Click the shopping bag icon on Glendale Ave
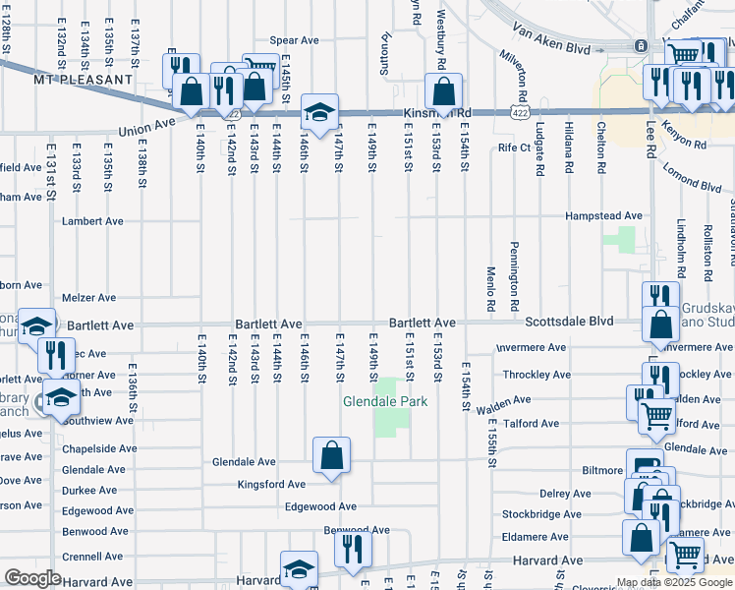click(x=331, y=455)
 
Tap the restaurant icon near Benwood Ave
click(x=353, y=549)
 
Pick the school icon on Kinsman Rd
click(x=319, y=112)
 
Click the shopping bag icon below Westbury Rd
click(x=443, y=92)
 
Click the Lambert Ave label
click(x=91, y=221)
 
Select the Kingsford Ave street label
click(x=270, y=484)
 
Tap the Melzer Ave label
click(x=88, y=297)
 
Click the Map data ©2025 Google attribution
click(x=674, y=582)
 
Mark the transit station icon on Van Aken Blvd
click(x=640, y=45)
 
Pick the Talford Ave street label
click(x=531, y=424)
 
